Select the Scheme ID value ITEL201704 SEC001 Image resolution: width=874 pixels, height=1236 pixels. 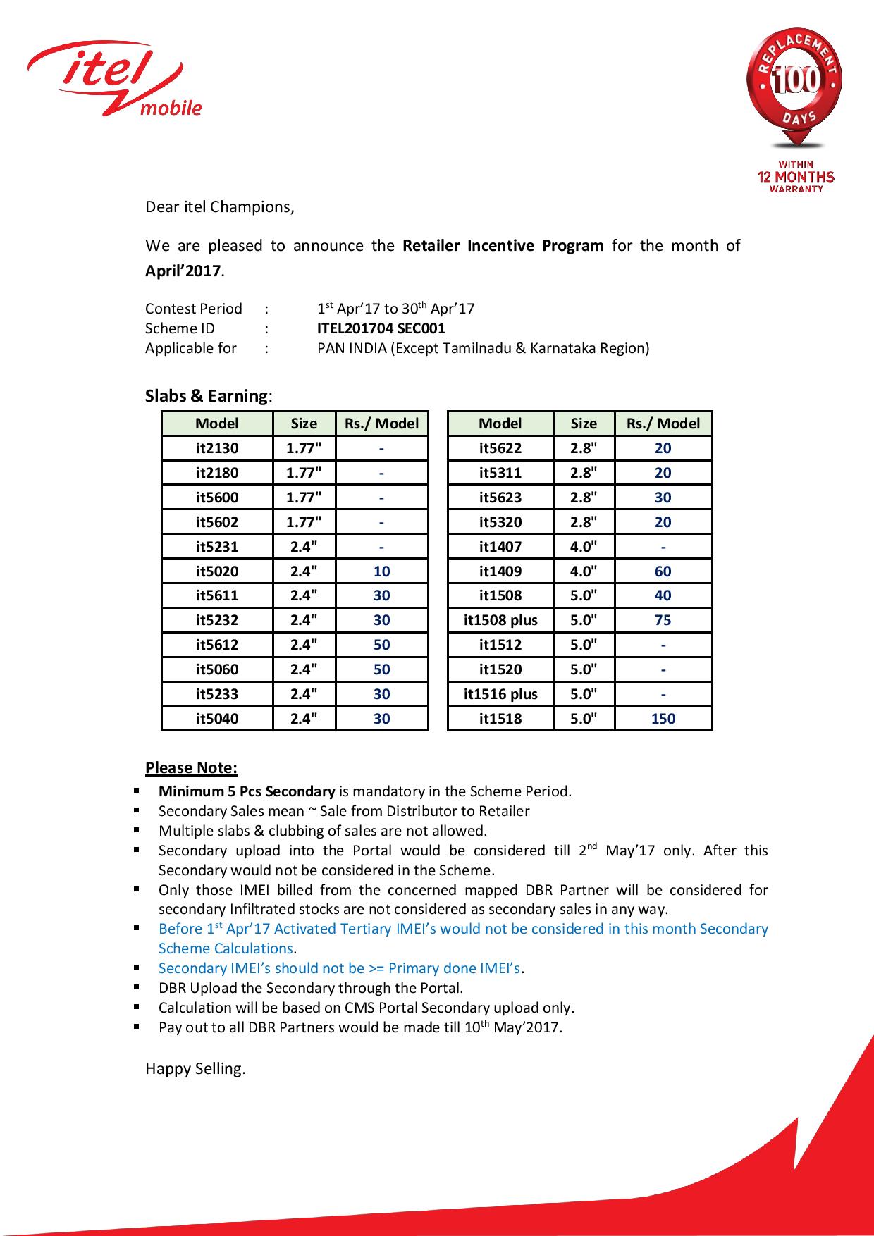[381, 328]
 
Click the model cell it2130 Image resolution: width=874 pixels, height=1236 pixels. [217, 448]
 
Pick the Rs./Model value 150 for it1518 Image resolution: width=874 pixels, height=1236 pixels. [663, 719]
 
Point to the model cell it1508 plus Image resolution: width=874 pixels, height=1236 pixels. [500, 620]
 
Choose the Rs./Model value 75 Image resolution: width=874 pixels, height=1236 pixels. [663, 620]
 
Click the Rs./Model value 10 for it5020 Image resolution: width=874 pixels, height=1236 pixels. [381, 571]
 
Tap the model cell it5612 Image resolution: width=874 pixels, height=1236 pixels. [217, 645]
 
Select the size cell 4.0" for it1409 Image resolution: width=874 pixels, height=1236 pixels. [584, 571]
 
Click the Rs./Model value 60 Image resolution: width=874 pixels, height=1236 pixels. [663, 571]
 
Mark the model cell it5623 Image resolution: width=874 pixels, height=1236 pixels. [500, 498]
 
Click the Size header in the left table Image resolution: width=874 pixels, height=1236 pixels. [304, 424]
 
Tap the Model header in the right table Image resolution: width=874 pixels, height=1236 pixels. [500, 424]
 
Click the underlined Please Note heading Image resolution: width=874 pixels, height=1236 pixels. [191, 767]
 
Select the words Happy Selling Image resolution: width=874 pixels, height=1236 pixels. [195, 1068]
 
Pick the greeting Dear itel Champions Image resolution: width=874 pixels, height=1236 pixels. [219, 207]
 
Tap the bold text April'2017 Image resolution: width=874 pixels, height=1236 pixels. [183, 271]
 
